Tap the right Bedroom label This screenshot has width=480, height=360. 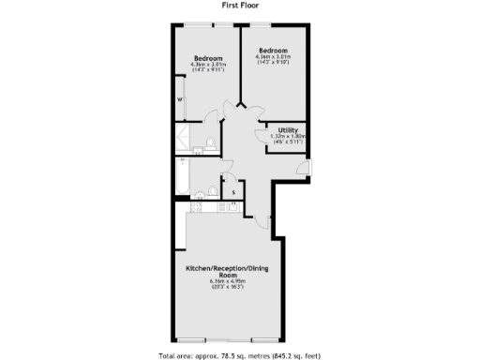(x=273, y=50)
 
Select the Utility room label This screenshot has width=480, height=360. (x=289, y=129)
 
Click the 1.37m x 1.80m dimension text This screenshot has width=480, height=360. (x=289, y=136)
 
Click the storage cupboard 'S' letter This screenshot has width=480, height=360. (x=232, y=193)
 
